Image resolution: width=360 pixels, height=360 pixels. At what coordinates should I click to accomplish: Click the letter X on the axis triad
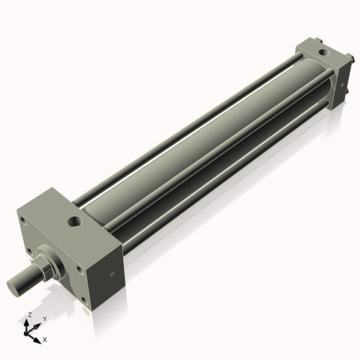(45, 338)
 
